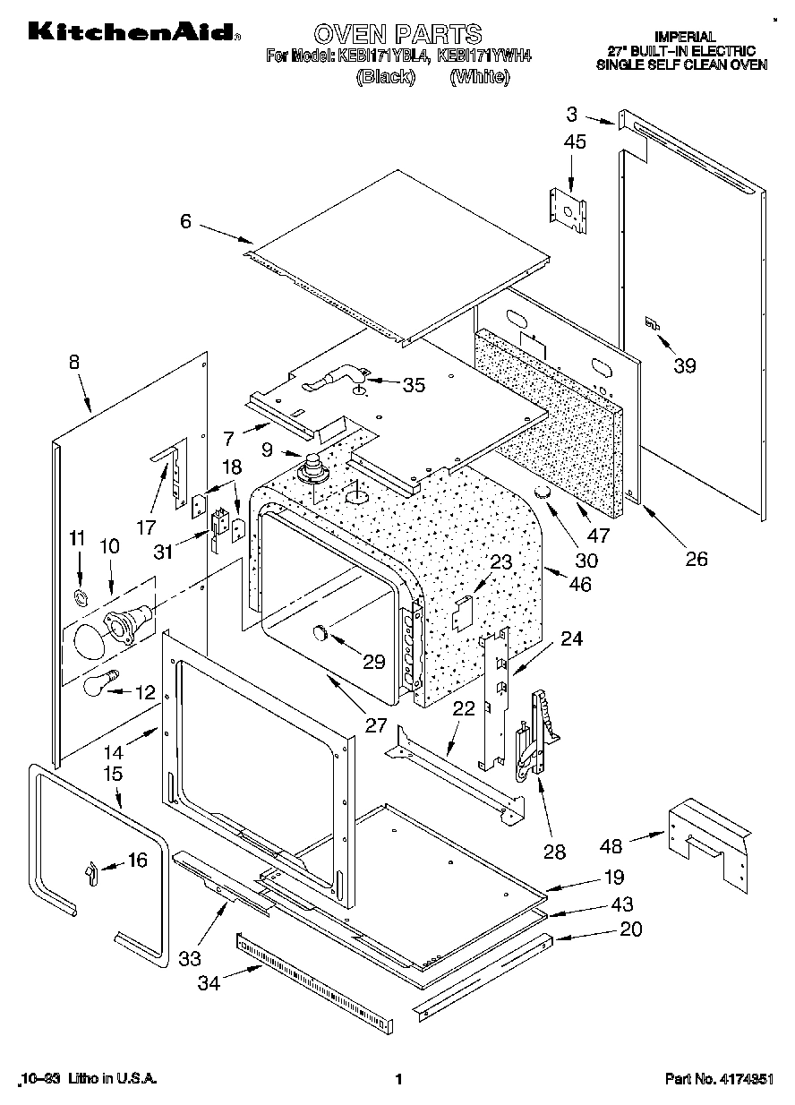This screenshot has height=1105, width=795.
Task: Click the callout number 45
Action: tap(576, 141)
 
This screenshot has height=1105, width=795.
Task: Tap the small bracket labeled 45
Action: tap(568, 208)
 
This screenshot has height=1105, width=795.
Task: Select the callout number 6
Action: tap(185, 220)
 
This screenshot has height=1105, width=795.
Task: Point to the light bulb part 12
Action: tap(100, 683)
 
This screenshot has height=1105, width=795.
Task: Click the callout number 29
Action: tap(373, 663)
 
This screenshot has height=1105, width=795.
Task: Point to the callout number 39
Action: tap(684, 365)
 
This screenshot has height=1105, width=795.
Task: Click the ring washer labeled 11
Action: tap(79, 597)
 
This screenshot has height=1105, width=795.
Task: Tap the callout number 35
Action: tap(413, 385)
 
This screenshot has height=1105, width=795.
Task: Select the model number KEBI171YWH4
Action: tap(484, 56)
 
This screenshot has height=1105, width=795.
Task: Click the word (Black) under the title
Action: tap(386, 77)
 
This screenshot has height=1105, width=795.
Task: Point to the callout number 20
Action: tap(631, 929)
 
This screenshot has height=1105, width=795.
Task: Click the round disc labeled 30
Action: tap(543, 495)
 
